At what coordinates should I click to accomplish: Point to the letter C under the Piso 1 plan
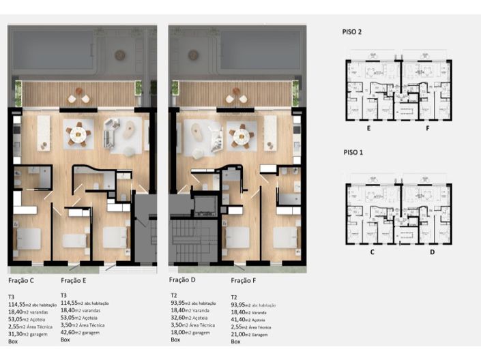[x=373, y=252]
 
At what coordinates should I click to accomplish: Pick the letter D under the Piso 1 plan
[x=432, y=252]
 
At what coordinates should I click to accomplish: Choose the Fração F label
[x=245, y=280]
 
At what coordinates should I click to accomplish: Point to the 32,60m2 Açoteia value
[x=192, y=317]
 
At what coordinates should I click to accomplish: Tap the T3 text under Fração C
[x=12, y=296]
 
